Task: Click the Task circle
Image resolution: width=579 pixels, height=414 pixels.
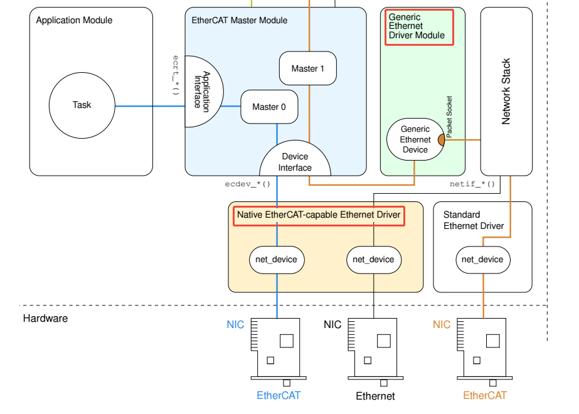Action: pos(82,105)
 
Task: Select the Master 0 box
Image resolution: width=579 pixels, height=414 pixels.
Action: pos(269,107)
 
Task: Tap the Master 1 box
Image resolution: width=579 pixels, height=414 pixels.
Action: pos(307,68)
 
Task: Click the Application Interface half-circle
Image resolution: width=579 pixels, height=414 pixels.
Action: pos(204,92)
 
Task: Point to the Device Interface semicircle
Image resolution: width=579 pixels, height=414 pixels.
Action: pos(295,158)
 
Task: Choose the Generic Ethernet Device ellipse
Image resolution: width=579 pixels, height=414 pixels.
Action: pos(415,139)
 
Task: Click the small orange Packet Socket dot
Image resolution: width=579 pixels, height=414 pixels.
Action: pos(441,140)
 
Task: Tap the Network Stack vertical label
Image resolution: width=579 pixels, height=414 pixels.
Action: pos(506,91)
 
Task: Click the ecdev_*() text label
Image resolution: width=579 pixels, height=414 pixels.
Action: pos(247,184)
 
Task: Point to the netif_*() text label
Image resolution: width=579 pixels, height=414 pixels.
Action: pos(472,184)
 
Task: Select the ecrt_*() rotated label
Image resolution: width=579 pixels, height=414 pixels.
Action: pos(176,75)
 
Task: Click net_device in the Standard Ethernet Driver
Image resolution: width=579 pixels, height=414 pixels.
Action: pos(483,260)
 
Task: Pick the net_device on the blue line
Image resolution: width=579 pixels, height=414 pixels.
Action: pos(277,260)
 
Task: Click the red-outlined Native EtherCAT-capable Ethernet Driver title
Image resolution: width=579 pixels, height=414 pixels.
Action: pos(319,216)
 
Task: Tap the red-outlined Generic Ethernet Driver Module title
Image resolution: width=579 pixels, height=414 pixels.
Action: pos(419,27)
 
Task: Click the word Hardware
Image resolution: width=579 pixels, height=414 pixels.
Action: pos(45,319)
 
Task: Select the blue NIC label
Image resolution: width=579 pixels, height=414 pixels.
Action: pos(235,325)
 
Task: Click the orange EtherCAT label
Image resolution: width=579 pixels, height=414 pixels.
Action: pos(485,396)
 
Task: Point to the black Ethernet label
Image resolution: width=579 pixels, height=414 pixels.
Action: pos(375,396)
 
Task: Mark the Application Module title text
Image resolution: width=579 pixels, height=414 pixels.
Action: pos(74,20)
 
